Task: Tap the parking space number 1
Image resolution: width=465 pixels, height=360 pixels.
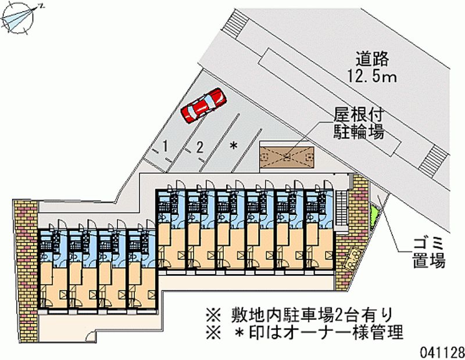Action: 166,146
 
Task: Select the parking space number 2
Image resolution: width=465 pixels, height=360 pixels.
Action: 199,147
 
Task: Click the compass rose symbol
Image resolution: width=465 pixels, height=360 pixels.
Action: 19,18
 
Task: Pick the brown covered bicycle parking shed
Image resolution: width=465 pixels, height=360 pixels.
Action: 287,156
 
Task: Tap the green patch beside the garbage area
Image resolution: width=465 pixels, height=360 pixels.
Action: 373,215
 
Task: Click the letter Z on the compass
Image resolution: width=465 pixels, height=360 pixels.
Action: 41,6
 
